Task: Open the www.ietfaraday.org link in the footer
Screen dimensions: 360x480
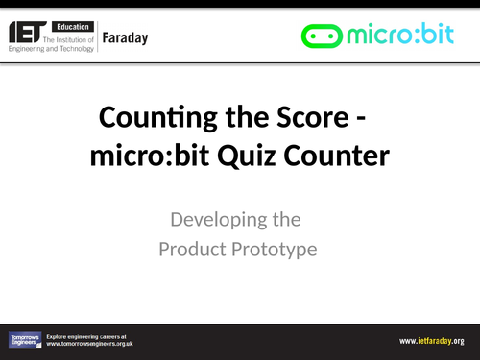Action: click(432, 341)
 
